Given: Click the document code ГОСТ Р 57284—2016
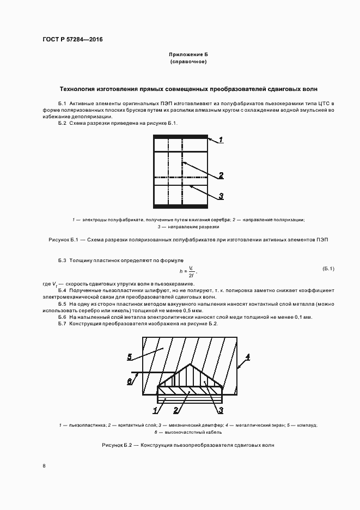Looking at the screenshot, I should point(72,40).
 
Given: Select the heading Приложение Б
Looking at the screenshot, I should point(188,55).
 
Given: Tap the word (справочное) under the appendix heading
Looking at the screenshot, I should point(188,62).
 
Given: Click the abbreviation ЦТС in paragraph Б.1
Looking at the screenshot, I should point(324,103).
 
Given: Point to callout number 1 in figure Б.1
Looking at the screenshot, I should point(221,140).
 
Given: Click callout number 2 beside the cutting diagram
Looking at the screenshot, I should point(221,175).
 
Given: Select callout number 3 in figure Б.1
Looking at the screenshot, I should point(221,196).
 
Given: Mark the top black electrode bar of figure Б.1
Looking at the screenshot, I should point(181,137).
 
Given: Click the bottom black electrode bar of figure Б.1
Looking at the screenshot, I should point(181,206).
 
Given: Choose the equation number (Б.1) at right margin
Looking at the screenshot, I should point(328,268).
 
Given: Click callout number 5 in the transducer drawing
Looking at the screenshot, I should point(130,357).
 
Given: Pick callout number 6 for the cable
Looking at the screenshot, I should point(130,381).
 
